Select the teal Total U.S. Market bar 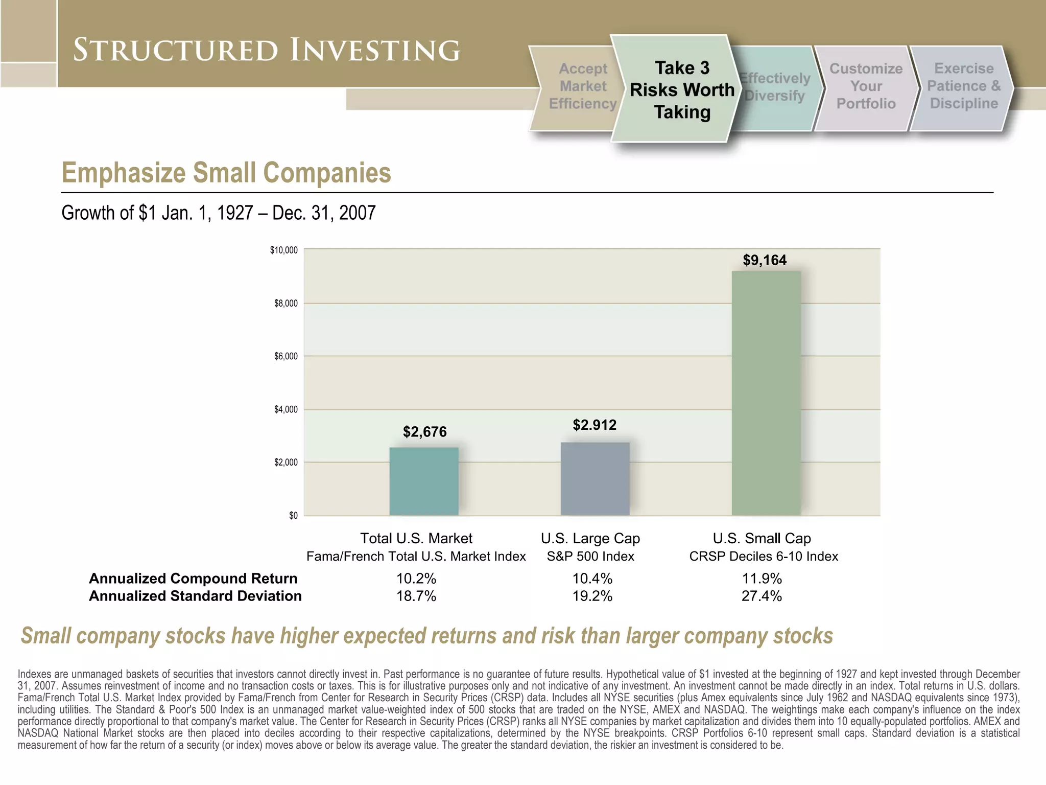(x=424, y=481)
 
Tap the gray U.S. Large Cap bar (x=595, y=478)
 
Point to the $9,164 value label (x=765, y=260)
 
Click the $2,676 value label (x=424, y=432)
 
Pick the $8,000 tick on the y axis (x=286, y=304)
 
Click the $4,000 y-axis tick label (x=286, y=409)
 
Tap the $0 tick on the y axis (x=293, y=516)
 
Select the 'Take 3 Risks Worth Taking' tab (x=682, y=90)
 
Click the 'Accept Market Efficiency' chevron (x=582, y=86)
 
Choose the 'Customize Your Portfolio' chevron (x=866, y=86)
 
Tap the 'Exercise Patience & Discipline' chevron (x=963, y=86)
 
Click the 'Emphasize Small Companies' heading (x=226, y=173)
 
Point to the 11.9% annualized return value (x=762, y=579)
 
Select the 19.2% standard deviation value (x=592, y=596)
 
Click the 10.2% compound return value (x=416, y=579)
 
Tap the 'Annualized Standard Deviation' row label (x=195, y=596)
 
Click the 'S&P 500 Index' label (x=590, y=557)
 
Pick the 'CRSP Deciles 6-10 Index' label (x=764, y=557)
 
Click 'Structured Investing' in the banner (x=266, y=50)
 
